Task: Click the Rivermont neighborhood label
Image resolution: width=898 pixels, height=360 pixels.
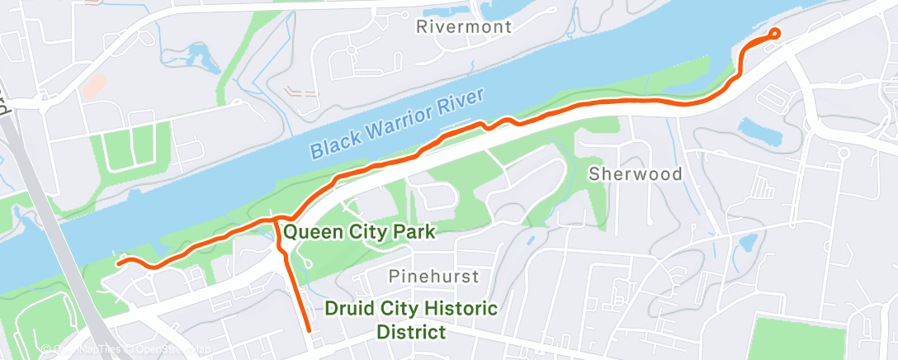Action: pos(464,26)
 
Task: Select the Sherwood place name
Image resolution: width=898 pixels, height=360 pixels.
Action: pos(635,174)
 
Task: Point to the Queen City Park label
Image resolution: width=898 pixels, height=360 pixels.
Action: pos(359,232)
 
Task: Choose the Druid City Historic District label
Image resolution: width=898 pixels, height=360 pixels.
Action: pos(411,320)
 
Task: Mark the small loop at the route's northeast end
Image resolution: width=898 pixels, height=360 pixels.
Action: pos(774,33)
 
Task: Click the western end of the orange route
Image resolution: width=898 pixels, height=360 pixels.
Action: pos(118,263)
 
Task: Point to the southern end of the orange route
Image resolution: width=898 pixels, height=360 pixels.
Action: pos(309,329)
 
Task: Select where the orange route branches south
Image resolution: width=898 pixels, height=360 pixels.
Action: pos(274,220)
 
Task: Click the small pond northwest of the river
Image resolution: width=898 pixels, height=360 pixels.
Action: pos(198,58)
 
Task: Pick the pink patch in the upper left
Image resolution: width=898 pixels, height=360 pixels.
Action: pos(95,83)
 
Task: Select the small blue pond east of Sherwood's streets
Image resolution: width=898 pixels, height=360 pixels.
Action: pos(748,243)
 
